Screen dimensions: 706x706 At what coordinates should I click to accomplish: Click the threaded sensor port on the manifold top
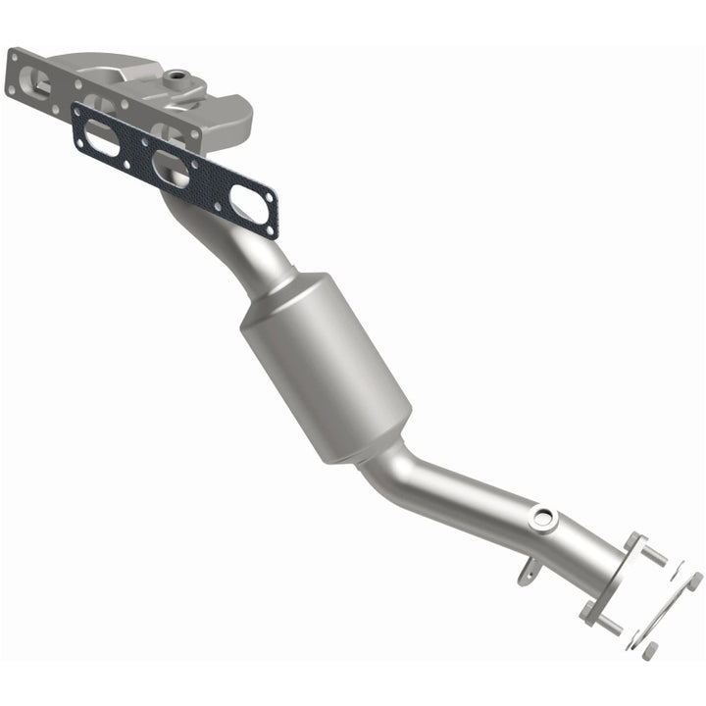[x=177, y=75]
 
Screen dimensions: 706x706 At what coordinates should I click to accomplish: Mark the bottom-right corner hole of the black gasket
[x=269, y=231]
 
